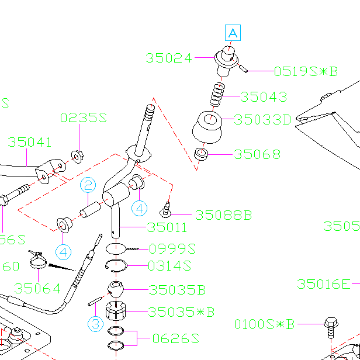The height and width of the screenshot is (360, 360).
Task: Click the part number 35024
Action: coord(168,58)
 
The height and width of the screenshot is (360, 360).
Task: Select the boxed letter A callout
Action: coord(233,33)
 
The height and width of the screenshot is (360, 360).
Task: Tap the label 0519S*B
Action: coord(306,72)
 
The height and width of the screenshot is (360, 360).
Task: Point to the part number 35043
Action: coord(264,96)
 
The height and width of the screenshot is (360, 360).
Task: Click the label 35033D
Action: coord(262,120)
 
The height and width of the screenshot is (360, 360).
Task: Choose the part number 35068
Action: coord(257,155)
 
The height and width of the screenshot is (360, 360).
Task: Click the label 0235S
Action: coord(83,118)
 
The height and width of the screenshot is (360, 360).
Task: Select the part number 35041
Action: coord(30,142)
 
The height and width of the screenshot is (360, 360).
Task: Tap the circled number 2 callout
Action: coord(88,186)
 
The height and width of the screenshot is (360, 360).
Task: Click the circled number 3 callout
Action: coord(96,323)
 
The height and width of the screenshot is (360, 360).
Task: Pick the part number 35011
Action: coord(167,228)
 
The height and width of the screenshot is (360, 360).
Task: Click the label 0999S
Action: coord(171,248)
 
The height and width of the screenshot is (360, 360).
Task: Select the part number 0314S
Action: coord(169,266)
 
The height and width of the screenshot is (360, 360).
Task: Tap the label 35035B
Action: coord(177,290)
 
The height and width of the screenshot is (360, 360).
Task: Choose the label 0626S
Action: coord(176,338)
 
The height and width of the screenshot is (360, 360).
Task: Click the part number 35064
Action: coord(37,288)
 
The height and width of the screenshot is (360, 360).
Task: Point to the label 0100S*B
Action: coord(265,324)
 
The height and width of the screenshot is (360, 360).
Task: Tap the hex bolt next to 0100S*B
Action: coord(330,327)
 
